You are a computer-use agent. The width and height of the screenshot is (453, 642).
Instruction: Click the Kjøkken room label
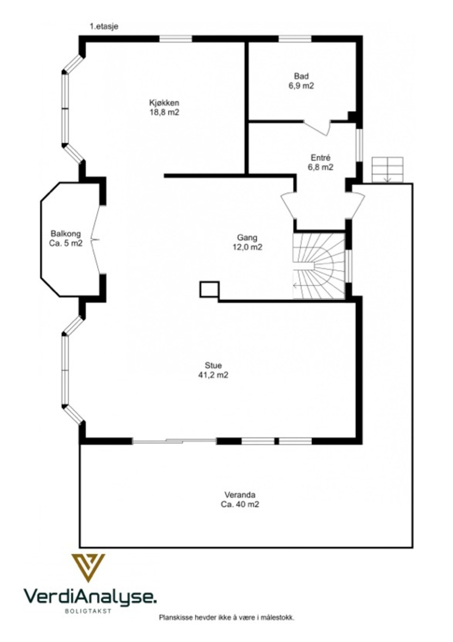tap(164, 103)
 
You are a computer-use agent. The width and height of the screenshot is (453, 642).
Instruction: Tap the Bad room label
tap(301, 76)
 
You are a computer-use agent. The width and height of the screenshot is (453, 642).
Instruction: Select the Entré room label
tap(320, 158)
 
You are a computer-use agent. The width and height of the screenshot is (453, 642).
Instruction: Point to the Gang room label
tap(247, 238)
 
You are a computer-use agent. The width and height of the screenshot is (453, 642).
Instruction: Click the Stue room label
tap(213, 365)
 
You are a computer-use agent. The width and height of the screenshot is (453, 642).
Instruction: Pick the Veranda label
tap(240, 495)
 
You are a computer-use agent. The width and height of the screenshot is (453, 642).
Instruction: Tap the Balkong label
tap(66, 234)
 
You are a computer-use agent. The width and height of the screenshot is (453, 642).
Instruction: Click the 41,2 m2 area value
tap(213, 375)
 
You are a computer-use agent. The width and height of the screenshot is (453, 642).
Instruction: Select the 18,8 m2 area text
tap(164, 112)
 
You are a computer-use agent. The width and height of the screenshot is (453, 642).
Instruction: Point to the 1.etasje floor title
tap(104, 26)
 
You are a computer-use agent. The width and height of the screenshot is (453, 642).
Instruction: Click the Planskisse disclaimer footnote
tap(226, 617)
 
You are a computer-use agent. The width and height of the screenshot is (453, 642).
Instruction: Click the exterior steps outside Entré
tap(387, 170)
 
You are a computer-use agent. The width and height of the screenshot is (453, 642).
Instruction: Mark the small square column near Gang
tap(209, 289)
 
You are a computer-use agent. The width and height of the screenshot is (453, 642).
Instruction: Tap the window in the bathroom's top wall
tap(295, 39)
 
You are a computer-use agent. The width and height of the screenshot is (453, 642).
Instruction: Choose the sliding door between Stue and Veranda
tap(174, 441)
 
